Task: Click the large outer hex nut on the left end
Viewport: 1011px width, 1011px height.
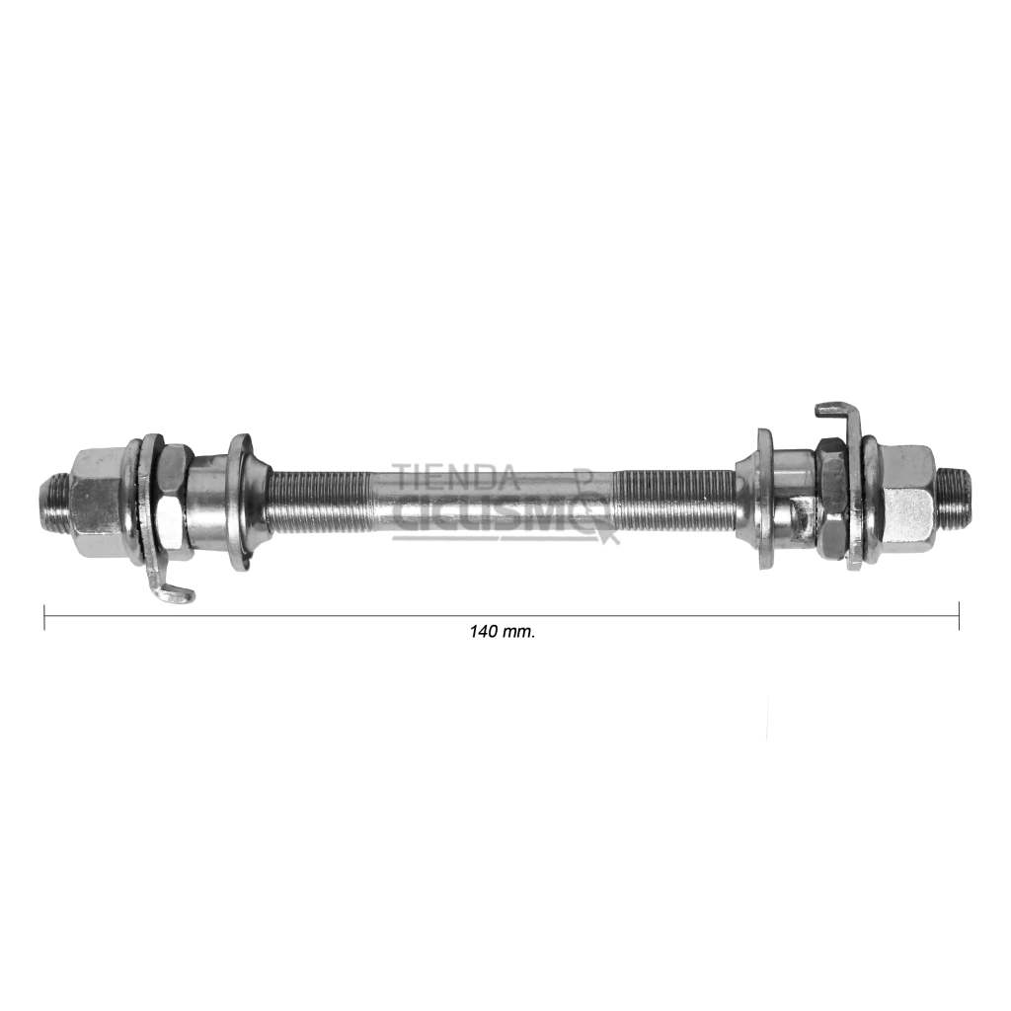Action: pyautogui.click(x=97, y=503)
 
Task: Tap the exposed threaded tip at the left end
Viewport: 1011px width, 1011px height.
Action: pyautogui.click(x=56, y=503)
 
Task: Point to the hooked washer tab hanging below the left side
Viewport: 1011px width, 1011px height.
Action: pyautogui.click(x=169, y=591)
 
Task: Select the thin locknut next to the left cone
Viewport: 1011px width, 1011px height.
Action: pyautogui.click(x=174, y=503)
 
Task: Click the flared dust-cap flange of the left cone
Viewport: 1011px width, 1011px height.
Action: pyautogui.click(x=241, y=503)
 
